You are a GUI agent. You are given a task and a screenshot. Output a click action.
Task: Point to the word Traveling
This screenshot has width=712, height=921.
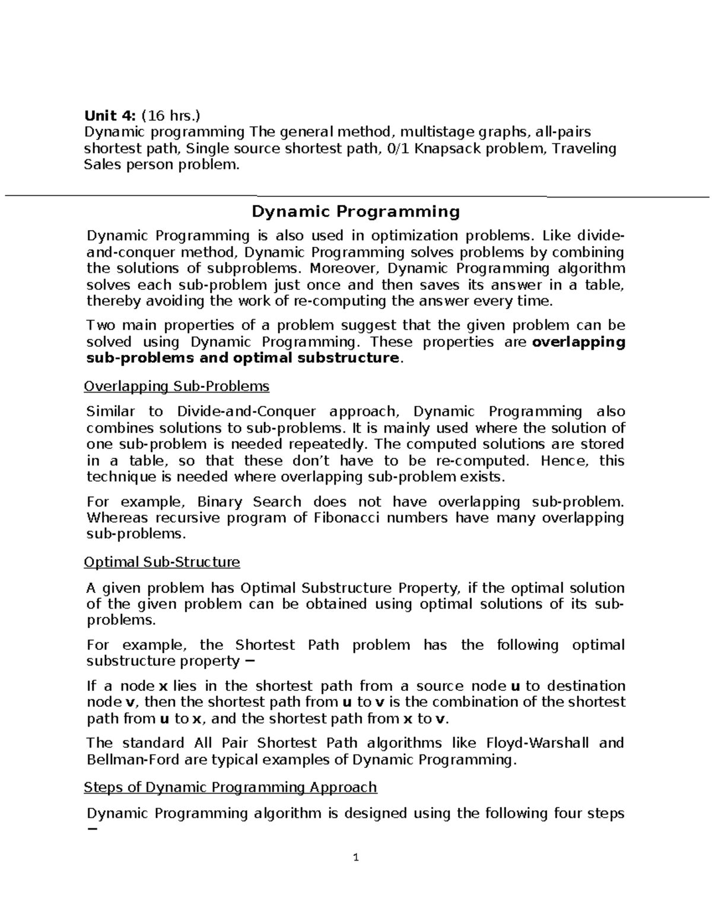[584, 148]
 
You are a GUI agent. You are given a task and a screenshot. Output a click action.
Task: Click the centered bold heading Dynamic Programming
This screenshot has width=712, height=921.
[356, 212]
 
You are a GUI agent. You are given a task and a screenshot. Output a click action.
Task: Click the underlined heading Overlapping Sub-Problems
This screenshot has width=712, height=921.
[177, 387]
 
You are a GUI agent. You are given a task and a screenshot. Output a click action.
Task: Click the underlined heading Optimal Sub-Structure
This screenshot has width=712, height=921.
[162, 562]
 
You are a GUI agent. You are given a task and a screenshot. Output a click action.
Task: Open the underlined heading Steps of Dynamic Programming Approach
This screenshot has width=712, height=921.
[230, 787]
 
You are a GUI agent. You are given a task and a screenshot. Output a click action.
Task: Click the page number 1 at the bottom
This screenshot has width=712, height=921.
[356, 858]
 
